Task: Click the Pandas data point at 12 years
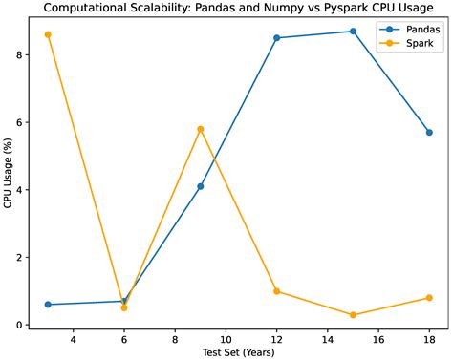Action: (276, 38)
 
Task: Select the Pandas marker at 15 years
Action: (353, 32)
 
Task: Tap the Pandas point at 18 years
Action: (429, 133)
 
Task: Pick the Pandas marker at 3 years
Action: (48, 305)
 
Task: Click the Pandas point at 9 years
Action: (201, 186)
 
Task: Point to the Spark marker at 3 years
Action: (48, 34)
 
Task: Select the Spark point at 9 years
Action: (201, 129)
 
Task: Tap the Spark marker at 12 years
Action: (276, 291)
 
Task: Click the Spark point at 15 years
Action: (353, 315)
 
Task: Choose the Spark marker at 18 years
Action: (429, 298)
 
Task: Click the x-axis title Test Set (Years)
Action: (238, 353)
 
